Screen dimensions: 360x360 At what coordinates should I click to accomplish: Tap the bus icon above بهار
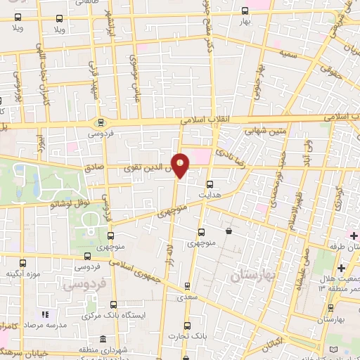point(245,11)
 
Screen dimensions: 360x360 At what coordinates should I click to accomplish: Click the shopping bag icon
point(229,231)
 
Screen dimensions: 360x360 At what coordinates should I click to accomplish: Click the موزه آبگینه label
point(20,273)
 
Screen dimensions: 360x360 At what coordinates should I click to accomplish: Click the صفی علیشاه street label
point(307,265)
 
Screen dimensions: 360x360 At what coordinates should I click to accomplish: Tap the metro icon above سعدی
point(187,285)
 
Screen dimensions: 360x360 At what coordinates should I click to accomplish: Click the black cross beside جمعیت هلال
point(341,268)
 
